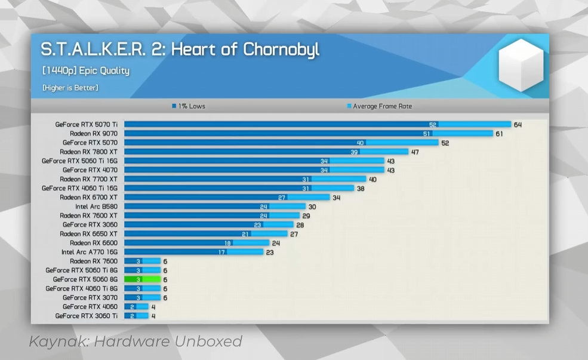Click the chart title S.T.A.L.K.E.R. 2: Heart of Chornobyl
point(180,49)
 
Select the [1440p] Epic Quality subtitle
point(86,70)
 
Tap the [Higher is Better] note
point(70,88)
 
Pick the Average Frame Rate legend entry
point(380,106)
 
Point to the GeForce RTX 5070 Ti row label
point(87,125)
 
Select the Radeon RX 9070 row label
point(94,134)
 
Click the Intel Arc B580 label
point(96,207)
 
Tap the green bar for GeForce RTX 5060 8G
point(142,279)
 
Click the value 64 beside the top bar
point(518,125)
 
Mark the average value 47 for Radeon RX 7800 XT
point(415,152)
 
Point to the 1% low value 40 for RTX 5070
point(360,143)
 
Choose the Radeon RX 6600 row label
point(94,243)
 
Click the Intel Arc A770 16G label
point(90,252)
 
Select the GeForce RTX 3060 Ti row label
point(87,316)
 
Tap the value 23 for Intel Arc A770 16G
point(269,252)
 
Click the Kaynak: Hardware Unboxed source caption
point(136,341)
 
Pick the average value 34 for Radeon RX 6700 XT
point(336,198)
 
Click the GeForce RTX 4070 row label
point(90,170)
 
